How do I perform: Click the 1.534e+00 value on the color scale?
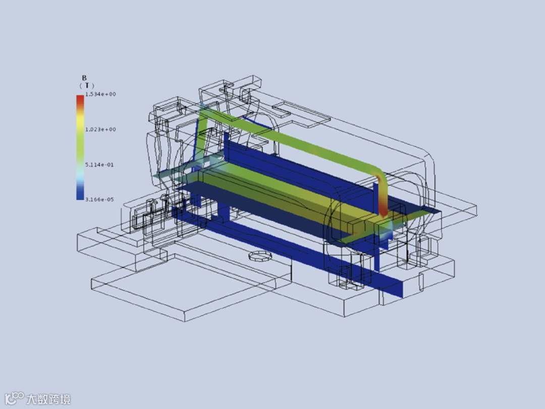[100, 94]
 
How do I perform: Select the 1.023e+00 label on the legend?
[100, 129]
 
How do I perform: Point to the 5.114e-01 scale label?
[99, 165]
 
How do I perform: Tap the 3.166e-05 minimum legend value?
[99, 199]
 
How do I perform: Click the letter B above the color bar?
[84, 78]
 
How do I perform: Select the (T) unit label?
[87, 85]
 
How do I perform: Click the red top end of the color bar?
[80, 99]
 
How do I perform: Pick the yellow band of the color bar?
[80, 120]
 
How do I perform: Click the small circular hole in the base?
[259, 256]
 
